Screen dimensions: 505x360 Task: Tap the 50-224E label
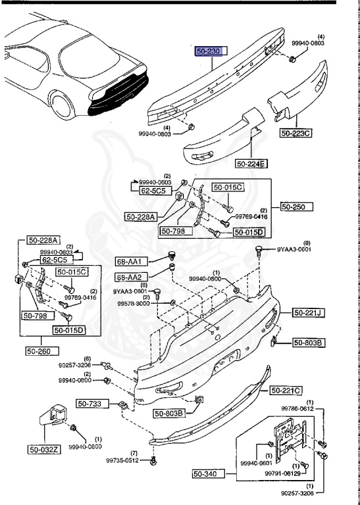pyautogui.click(x=252, y=164)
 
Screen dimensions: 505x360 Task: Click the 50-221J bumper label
pyautogui.click(x=307, y=312)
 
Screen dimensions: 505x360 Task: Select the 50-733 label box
pyautogui.click(x=88, y=404)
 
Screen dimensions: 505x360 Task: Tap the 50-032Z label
pyautogui.click(x=43, y=450)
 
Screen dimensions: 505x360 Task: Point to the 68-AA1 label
pyautogui.click(x=130, y=262)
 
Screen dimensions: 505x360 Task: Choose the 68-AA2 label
pyautogui.click(x=130, y=277)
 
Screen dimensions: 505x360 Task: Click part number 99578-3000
pyautogui.click(x=134, y=304)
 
